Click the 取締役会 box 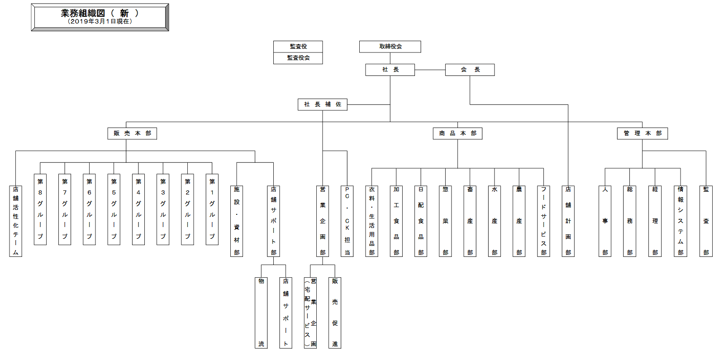click(390, 47)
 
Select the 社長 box click(390, 70)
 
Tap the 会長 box click(470, 70)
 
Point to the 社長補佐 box click(323, 104)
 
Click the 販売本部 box click(132, 133)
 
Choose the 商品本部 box click(457, 133)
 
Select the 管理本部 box click(643, 133)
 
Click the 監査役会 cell click(298, 58)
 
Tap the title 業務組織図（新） click(100, 13)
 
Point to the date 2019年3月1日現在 click(100, 21)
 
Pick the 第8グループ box click(40, 209)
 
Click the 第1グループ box click(212, 209)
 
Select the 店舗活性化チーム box click(16, 221)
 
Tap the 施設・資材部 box click(237, 221)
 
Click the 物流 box click(261, 313)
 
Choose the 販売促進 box click(335, 313)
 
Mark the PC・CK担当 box click(347, 221)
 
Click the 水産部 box click(495, 221)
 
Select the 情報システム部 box click(681, 221)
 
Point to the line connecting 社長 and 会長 click(430, 70)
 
